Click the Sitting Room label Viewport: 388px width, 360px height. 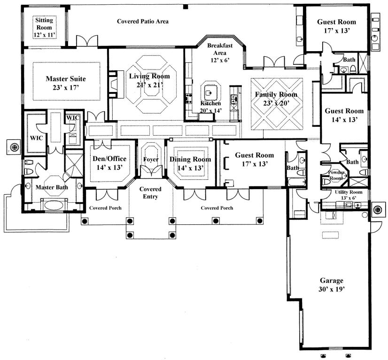(x=44, y=24)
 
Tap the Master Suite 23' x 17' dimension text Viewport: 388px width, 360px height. (x=66, y=87)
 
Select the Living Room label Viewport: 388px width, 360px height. (x=149, y=76)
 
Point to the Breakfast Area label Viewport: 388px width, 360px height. (x=220, y=49)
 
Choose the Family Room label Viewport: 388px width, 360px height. (x=276, y=94)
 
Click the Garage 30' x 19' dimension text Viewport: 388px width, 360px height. (x=332, y=289)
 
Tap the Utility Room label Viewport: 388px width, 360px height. (x=349, y=192)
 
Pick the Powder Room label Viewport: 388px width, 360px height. (x=336, y=175)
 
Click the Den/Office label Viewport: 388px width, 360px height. (x=109, y=159)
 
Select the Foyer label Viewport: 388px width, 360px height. (x=151, y=160)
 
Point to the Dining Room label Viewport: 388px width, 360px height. (x=190, y=160)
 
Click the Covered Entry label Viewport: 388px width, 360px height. (x=150, y=193)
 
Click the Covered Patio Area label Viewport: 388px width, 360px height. (x=143, y=22)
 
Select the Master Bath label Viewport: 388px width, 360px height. (x=52, y=187)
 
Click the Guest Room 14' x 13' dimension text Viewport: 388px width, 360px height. (x=345, y=120)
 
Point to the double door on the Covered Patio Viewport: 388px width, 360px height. (x=87, y=40)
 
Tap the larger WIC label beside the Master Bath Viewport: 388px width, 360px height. (x=36, y=138)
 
